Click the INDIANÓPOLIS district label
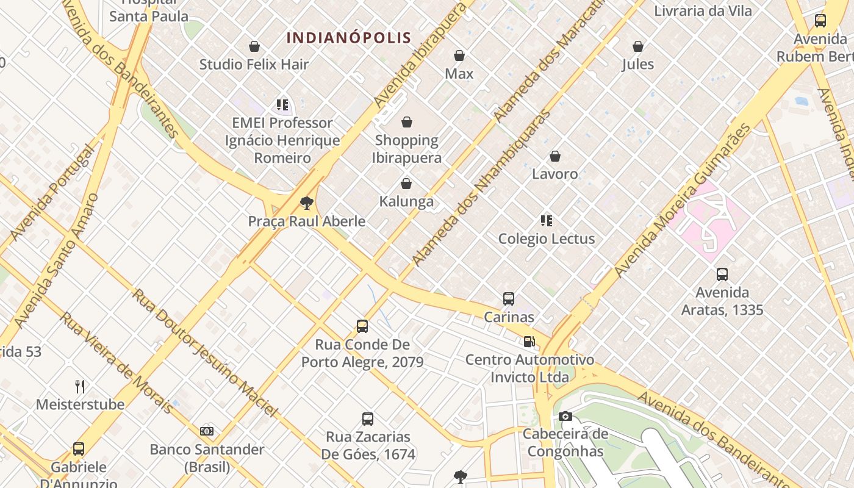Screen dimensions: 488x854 [x=349, y=38]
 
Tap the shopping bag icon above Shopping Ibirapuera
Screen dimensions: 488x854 [x=407, y=122]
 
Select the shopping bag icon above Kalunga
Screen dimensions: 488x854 [x=406, y=183]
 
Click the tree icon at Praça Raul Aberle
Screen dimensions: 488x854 [x=306, y=203]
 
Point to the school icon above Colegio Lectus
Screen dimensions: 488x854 [x=547, y=220]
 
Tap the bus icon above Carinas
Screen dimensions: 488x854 [x=509, y=299]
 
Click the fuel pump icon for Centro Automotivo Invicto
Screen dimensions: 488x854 [x=529, y=342]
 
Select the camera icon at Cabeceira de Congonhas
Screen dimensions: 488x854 [x=565, y=416]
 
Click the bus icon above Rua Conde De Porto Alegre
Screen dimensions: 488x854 [x=362, y=326]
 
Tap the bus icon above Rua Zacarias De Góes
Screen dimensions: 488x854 [x=368, y=419]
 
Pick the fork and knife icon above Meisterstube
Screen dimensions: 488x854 [x=80, y=386]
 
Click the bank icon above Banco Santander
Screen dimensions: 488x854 [x=207, y=431]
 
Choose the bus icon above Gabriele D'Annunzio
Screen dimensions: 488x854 [x=79, y=449]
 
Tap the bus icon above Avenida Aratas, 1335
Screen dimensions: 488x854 [x=722, y=274]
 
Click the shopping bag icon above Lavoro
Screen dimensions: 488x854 [x=555, y=156]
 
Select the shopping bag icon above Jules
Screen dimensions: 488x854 [x=638, y=46]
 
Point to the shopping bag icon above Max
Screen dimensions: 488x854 [x=459, y=56]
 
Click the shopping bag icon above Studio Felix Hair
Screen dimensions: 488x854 [x=254, y=46]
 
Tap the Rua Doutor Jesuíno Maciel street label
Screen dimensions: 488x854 [x=204, y=353]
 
